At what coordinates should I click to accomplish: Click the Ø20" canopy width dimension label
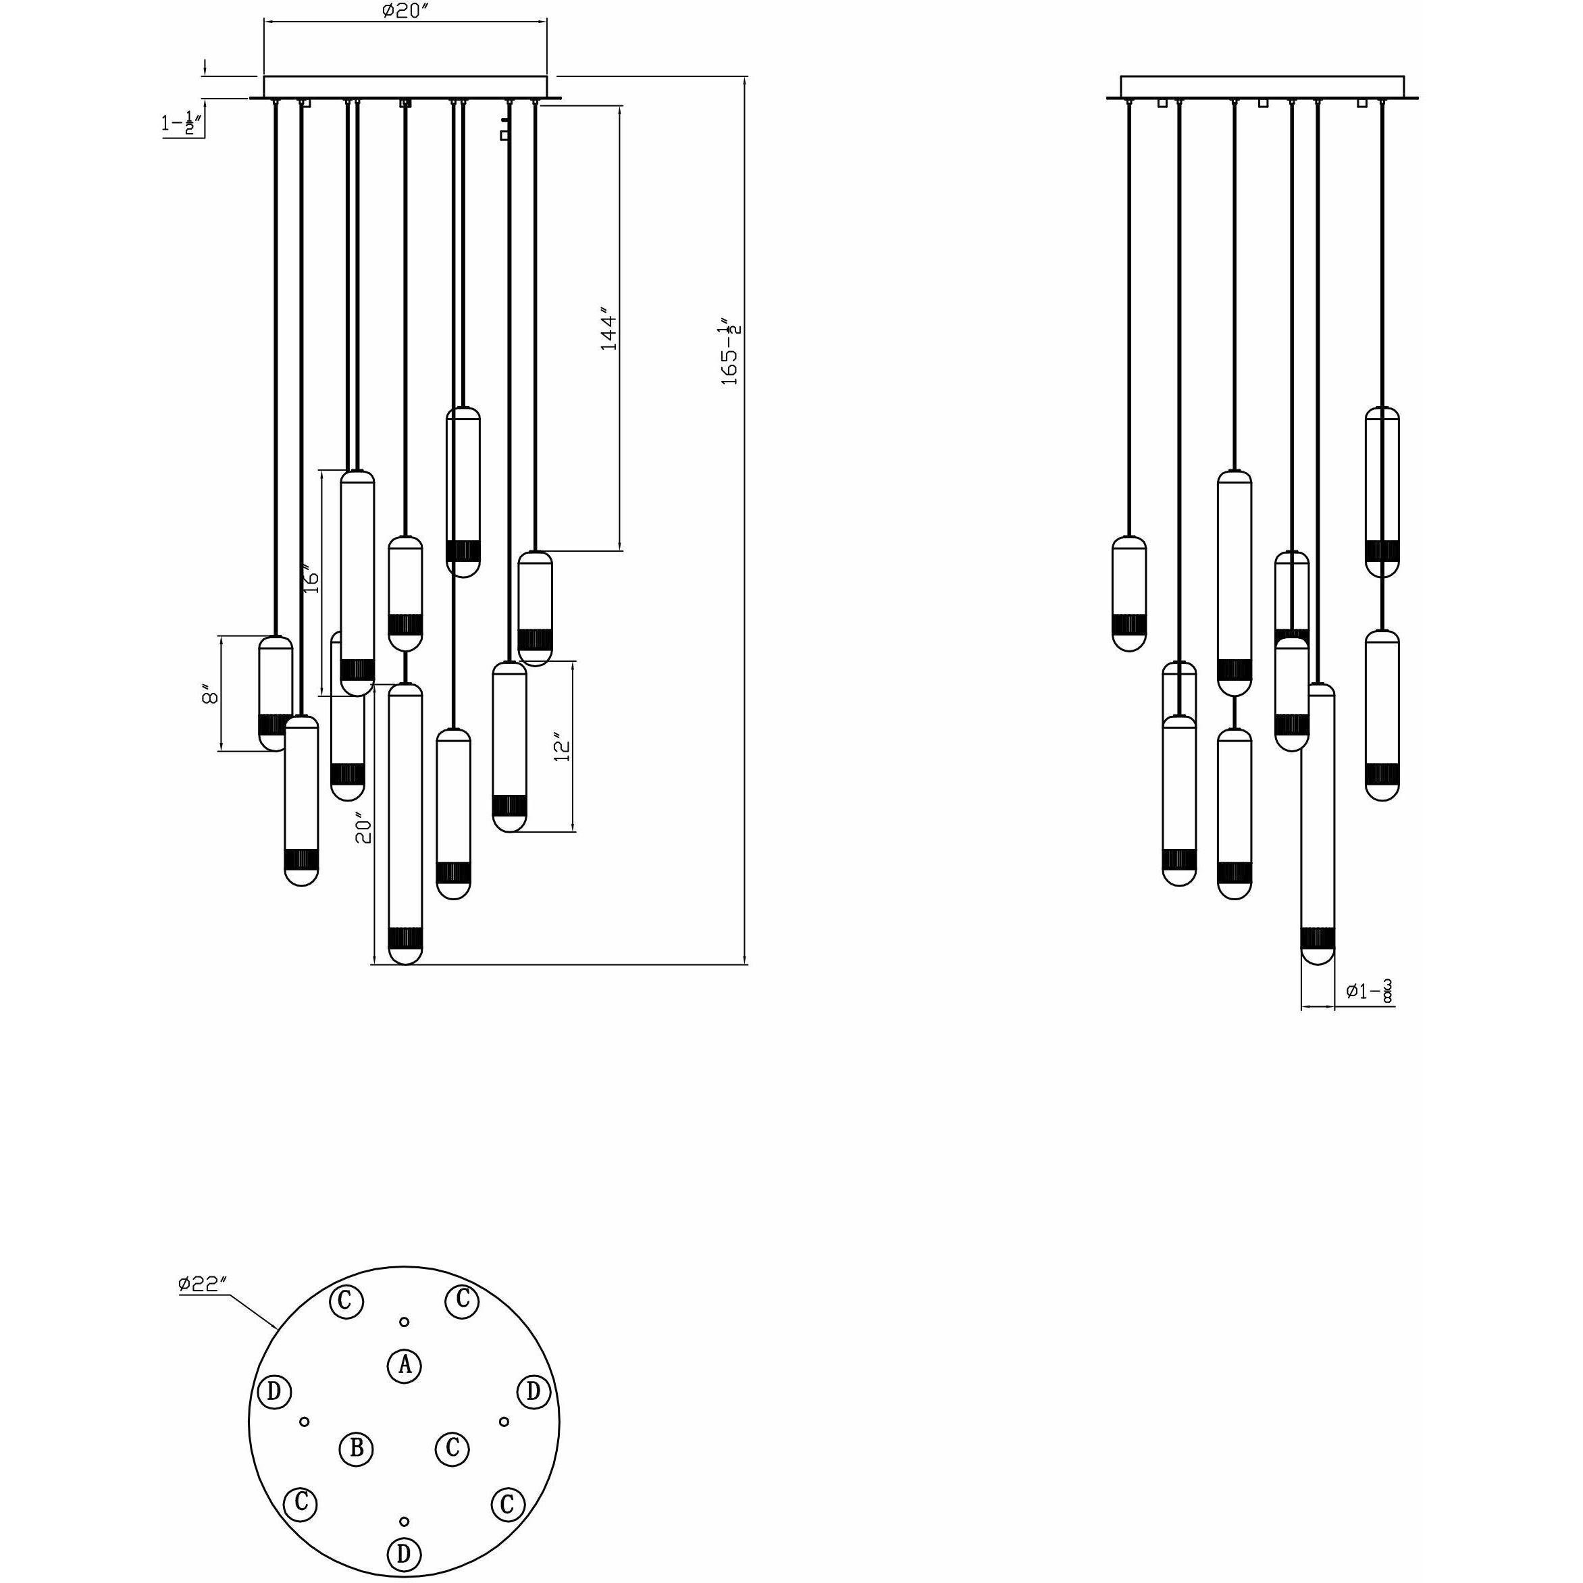tap(405, 11)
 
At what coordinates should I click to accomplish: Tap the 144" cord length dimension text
tap(608, 330)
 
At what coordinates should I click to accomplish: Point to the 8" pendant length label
tap(210, 695)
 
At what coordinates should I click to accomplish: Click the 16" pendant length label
tap(311, 579)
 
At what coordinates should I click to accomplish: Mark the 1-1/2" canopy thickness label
tap(182, 124)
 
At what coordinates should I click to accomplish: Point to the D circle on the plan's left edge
tap(274, 1391)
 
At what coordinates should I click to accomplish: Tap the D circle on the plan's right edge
tap(534, 1391)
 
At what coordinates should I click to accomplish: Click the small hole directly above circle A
tap(404, 1322)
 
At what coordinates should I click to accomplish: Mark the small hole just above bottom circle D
tap(403, 1522)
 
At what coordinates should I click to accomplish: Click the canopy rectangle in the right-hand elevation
tap(1262, 86)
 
